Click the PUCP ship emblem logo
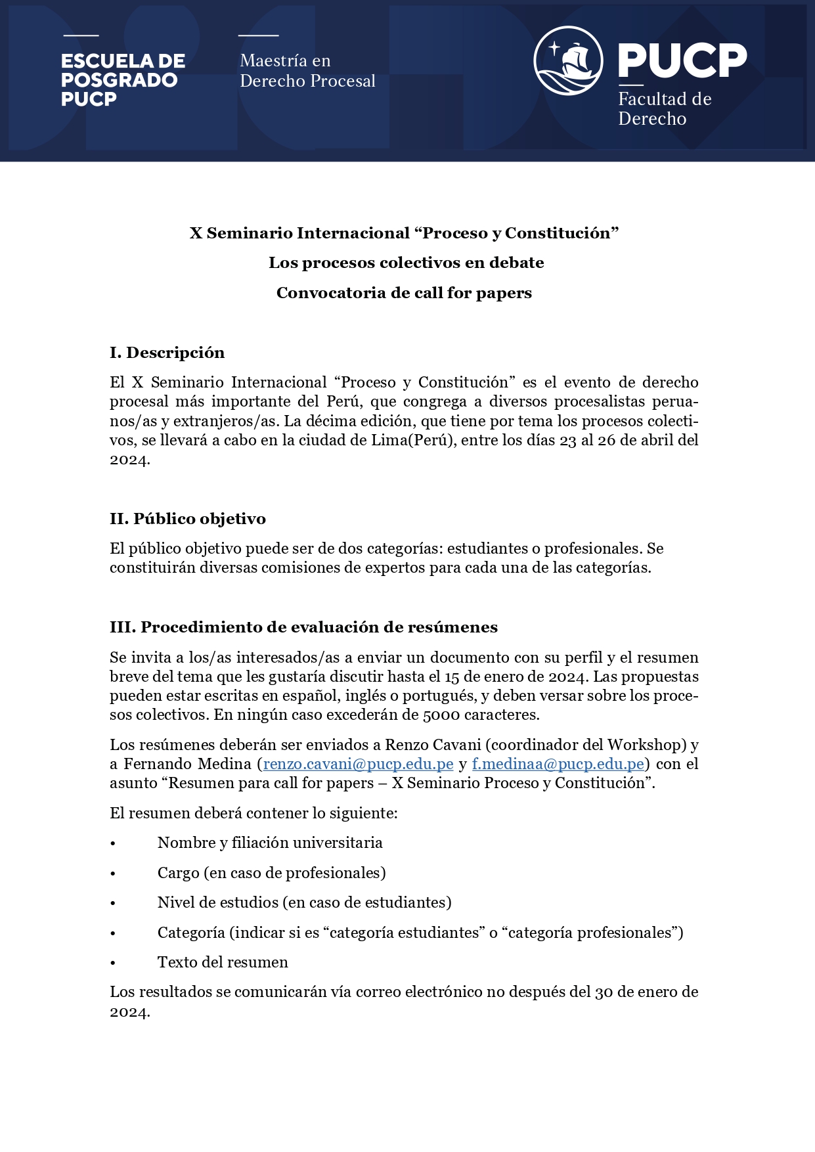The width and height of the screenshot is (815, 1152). click(568, 60)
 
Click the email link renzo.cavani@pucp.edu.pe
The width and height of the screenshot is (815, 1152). click(358, 764)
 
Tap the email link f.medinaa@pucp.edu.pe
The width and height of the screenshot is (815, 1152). click(558, 764)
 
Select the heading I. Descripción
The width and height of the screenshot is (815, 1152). click(167, 353)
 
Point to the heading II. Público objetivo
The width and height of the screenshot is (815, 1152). click(187, 519)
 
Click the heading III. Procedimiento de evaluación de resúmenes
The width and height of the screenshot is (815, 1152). click(303, 627)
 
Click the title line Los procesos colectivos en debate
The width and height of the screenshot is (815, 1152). click(406, 263)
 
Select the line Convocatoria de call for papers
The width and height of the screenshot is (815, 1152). click(404, 293)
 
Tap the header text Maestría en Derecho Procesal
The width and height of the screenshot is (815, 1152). click(307, 71)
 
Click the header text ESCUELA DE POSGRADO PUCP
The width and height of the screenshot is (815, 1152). click(123, 80)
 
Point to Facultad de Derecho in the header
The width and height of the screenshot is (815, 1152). click(664, 109)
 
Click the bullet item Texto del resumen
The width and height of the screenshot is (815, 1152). click(223, 962)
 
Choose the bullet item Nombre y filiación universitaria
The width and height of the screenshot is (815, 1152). click(270, 843)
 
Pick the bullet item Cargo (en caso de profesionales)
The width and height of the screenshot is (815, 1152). click(271, 873)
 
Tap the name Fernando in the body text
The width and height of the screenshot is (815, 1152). click(160, 764)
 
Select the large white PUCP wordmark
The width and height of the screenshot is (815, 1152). click(682, 60)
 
